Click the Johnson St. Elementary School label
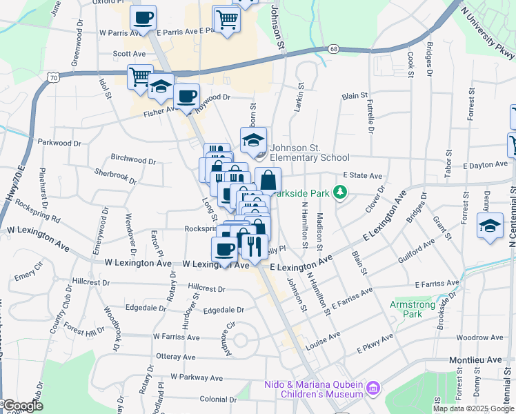pyautogui.click(x=309, y=152)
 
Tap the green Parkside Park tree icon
pyautogui.click(x=339, y=192)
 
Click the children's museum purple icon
pyautogui.click(x=373, y=388)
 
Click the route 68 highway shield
pyautogui.click(x=334, y=49)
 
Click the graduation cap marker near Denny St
pyautogui.click(x=490, y=227)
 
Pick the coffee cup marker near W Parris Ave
pyautogui.click(x=143, y=18)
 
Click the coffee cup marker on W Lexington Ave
pyautogui.click(x=224, y=249)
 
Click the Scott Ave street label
pyautogui.click(x=130, y=53)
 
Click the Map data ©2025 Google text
pyautogui.click(x=473, y=408)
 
